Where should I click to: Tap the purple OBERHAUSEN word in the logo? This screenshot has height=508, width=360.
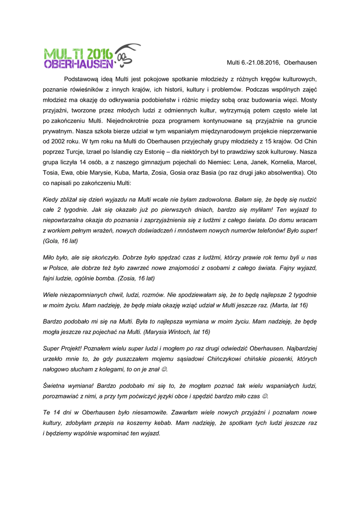click(78, 64)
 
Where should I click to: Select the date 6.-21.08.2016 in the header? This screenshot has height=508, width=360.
click(260, 63)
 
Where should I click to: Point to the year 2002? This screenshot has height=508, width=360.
click(51, 141)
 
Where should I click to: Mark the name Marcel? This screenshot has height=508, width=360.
click(306, 162)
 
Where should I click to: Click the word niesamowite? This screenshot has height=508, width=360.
click(150, 412)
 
